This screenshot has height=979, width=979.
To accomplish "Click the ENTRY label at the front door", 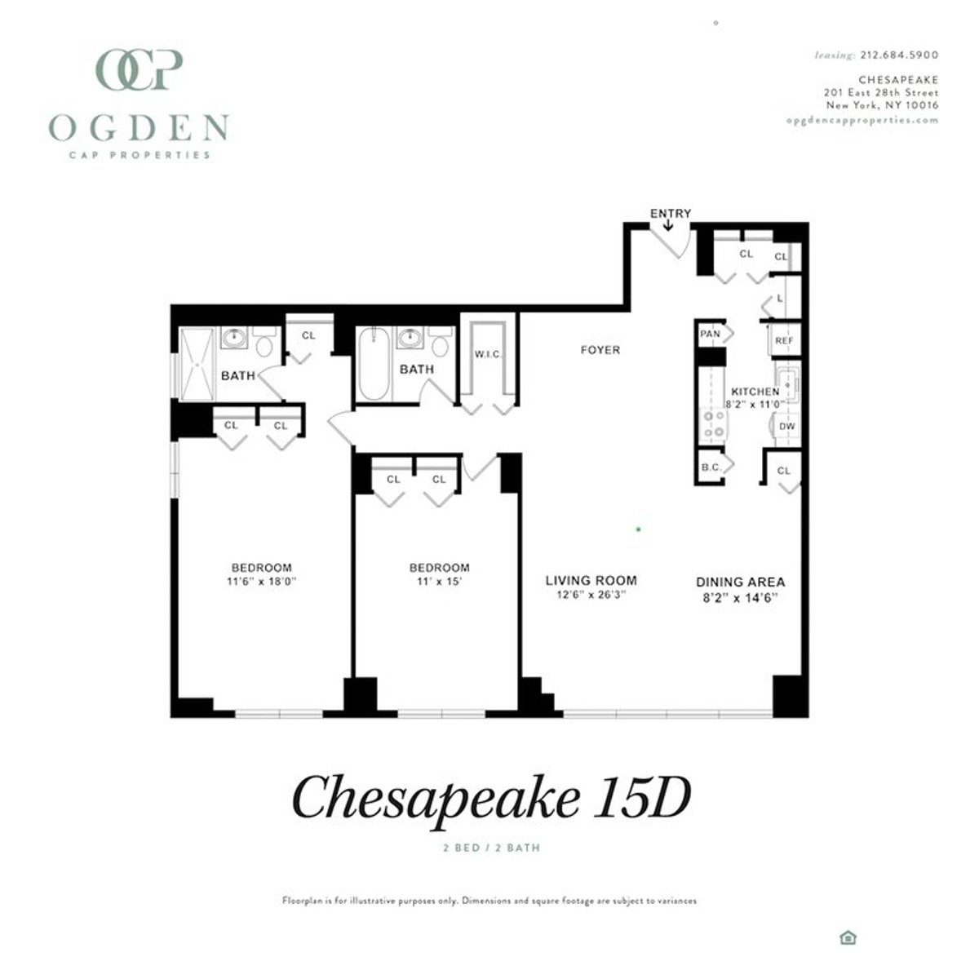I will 670,214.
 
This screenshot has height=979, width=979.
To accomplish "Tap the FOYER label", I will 600,350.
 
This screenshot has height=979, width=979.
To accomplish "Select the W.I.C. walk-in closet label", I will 488,354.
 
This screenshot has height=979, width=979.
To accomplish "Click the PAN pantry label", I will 710,334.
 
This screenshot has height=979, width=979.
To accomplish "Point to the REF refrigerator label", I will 784,341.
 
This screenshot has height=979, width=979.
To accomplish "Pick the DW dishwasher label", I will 786,426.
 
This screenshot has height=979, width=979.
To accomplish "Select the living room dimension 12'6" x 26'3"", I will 591,596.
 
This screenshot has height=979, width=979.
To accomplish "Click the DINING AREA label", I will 740,582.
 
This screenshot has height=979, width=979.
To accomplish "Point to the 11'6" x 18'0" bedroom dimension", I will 261,582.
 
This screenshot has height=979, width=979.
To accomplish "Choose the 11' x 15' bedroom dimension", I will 439,582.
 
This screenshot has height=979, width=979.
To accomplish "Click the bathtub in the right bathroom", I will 374,364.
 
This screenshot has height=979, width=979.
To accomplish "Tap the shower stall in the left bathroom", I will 196,364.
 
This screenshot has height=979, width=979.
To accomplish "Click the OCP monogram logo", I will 139,70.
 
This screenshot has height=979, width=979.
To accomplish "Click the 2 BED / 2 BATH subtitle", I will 491,848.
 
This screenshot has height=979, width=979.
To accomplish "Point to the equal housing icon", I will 848,937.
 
